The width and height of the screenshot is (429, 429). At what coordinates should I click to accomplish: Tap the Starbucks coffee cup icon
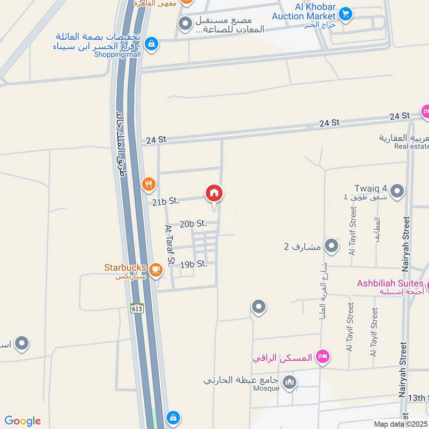(x=156, y=270)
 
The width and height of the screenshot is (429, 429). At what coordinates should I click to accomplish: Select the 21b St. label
(x=165, y=202)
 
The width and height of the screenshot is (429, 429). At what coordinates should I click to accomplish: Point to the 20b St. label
(x=194, y=224)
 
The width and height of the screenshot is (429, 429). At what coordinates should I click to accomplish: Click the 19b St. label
(x=194, y=264)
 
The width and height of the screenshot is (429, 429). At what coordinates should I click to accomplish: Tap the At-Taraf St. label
(x=170, y=245)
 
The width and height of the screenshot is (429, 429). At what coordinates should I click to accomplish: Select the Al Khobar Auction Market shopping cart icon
(x=345, y=13)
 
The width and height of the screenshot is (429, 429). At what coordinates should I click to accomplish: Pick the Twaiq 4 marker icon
(x=397, y=191)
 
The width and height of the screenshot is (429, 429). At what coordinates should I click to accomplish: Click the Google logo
(x=23, y=421)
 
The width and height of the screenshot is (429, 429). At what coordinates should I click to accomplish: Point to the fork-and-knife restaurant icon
(x=149, y=185)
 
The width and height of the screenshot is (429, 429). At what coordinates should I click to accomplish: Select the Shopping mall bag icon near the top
(x=152, y=42)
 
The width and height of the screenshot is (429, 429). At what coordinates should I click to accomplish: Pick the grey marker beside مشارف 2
(x=332, y=246)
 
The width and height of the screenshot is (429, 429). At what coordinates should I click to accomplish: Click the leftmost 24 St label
(x=156, y=139)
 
